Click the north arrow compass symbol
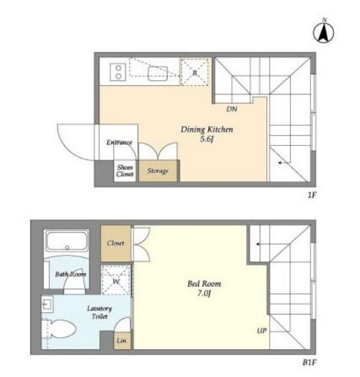(x=324, y=31)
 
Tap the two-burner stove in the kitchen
(x=118, y=72)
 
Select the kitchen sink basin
(x=158, y=73)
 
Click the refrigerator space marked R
(x=195, y=73)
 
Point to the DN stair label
(x=232, y=109)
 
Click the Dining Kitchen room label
(x=207, y=130)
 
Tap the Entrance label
(x=119, y=143)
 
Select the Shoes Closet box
(x=125, y=170)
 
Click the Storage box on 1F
(x=159, y=170)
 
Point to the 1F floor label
(x=312, y=195)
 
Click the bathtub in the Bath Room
(x=67, y=241)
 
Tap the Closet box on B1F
(x=116, y=244)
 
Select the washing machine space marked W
(x=116, y=280)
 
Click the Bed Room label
(x=204, y=283)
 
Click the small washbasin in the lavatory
(x=46, y=304)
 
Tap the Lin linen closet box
(x=122, y=341)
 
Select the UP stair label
(x=261, y=331)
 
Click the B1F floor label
(x=309, y=363)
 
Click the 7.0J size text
(x=204, y=294)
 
